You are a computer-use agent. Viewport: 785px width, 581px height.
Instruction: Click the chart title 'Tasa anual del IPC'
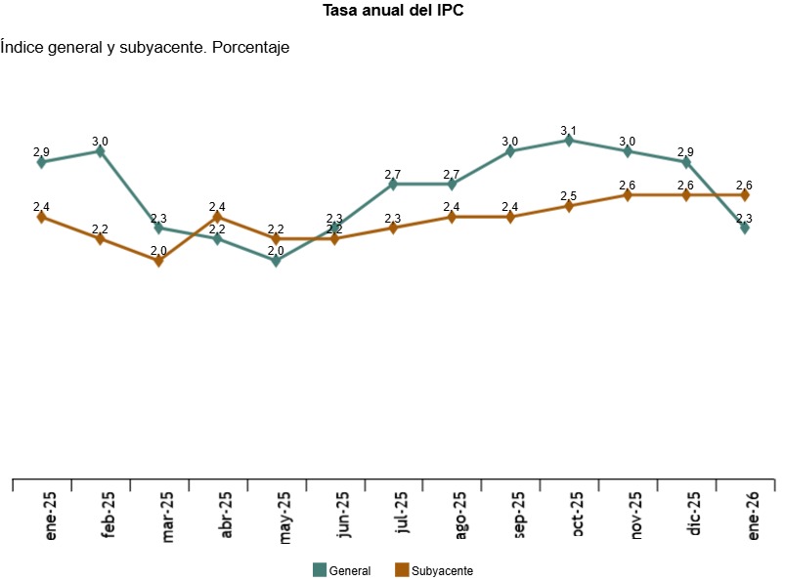pos(392,12)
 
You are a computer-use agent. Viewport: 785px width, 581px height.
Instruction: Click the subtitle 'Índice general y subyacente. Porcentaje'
pos(146,47)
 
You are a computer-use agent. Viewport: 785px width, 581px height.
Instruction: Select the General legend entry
pos(341,570)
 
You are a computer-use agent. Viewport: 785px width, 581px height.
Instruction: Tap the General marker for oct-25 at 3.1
pos(569,141)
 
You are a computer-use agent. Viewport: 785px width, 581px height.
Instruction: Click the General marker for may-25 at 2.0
pos(276,261)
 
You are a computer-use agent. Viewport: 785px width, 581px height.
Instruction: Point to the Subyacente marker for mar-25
pos(158,261)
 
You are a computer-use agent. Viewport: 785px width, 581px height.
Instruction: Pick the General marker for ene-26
pos(745,228)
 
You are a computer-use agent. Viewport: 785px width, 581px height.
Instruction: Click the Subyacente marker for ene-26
pos(745,195)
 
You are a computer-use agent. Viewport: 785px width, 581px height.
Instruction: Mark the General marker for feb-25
pos(100,151)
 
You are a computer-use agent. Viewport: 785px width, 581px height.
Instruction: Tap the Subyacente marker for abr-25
pos(217,217)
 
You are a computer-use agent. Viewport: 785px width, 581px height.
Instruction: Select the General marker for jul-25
pos(393,184)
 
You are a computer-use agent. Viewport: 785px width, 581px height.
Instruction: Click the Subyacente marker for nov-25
pos(628,195)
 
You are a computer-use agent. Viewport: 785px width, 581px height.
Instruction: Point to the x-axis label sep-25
pos(517,516)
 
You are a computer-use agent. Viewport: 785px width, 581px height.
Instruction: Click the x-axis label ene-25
pos(48,516)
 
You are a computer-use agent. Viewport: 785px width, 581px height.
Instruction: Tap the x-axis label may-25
pos(283,516)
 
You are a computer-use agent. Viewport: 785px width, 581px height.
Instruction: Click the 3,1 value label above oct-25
pos(569,130)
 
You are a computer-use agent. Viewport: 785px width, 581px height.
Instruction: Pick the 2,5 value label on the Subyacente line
pos(569,196)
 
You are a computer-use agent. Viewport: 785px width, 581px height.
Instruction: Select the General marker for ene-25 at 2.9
pos(41,162)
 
